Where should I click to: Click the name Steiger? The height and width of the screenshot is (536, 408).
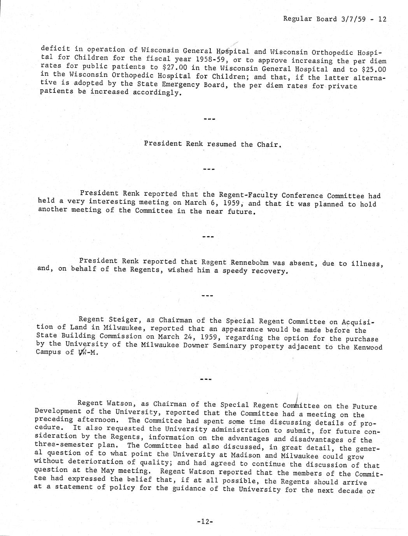121,320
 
